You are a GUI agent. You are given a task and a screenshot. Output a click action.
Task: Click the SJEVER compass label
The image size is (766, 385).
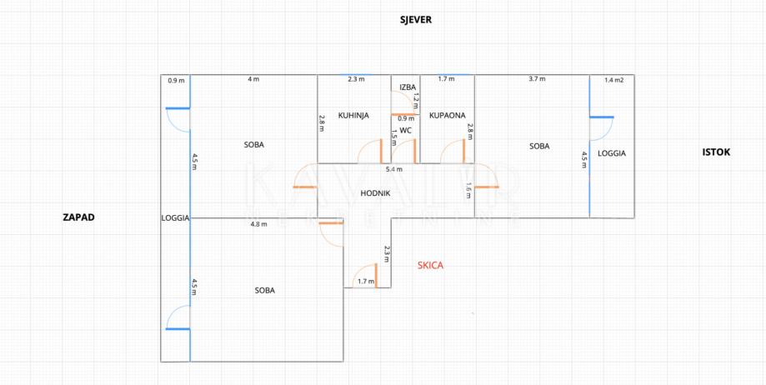tap(414, 19)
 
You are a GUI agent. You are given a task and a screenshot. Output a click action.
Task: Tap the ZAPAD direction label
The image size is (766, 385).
tap(79, 217)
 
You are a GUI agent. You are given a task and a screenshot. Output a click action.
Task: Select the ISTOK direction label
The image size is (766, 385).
tap(716, 152)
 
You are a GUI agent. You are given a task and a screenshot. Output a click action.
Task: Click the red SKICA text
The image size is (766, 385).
tap(430, 265)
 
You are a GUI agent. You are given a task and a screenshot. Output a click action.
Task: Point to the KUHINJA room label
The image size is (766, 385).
tap(353, 115)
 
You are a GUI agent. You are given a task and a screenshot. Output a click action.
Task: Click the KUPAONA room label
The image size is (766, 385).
tap(447, 115)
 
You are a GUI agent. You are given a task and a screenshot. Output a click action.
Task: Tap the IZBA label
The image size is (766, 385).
tap(408, 87)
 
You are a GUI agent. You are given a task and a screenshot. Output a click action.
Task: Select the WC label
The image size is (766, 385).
tap(406, 130)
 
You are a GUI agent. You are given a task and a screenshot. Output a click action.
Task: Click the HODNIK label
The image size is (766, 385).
tap(375, 192)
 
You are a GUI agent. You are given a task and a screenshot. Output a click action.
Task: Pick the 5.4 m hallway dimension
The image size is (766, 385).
tap(393, 169)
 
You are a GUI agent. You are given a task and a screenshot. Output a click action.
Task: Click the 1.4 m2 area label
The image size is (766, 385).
tap(613, 80)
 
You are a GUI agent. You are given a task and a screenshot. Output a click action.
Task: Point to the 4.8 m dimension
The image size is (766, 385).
tap(258, 223)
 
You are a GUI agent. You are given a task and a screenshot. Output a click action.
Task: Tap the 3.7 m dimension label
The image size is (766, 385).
tap(537, 79)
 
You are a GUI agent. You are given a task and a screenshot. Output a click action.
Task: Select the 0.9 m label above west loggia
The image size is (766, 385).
tap(176, 81)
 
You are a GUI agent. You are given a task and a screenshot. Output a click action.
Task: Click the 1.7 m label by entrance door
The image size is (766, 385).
tap(365, 282)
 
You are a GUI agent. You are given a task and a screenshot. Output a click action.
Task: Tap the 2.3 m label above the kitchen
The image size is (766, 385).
tap(356, 79)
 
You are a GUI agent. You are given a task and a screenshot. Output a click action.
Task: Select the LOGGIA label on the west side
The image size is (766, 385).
tap(175, 217)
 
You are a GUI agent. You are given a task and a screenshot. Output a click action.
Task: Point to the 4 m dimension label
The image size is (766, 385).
tap(253, 79)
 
